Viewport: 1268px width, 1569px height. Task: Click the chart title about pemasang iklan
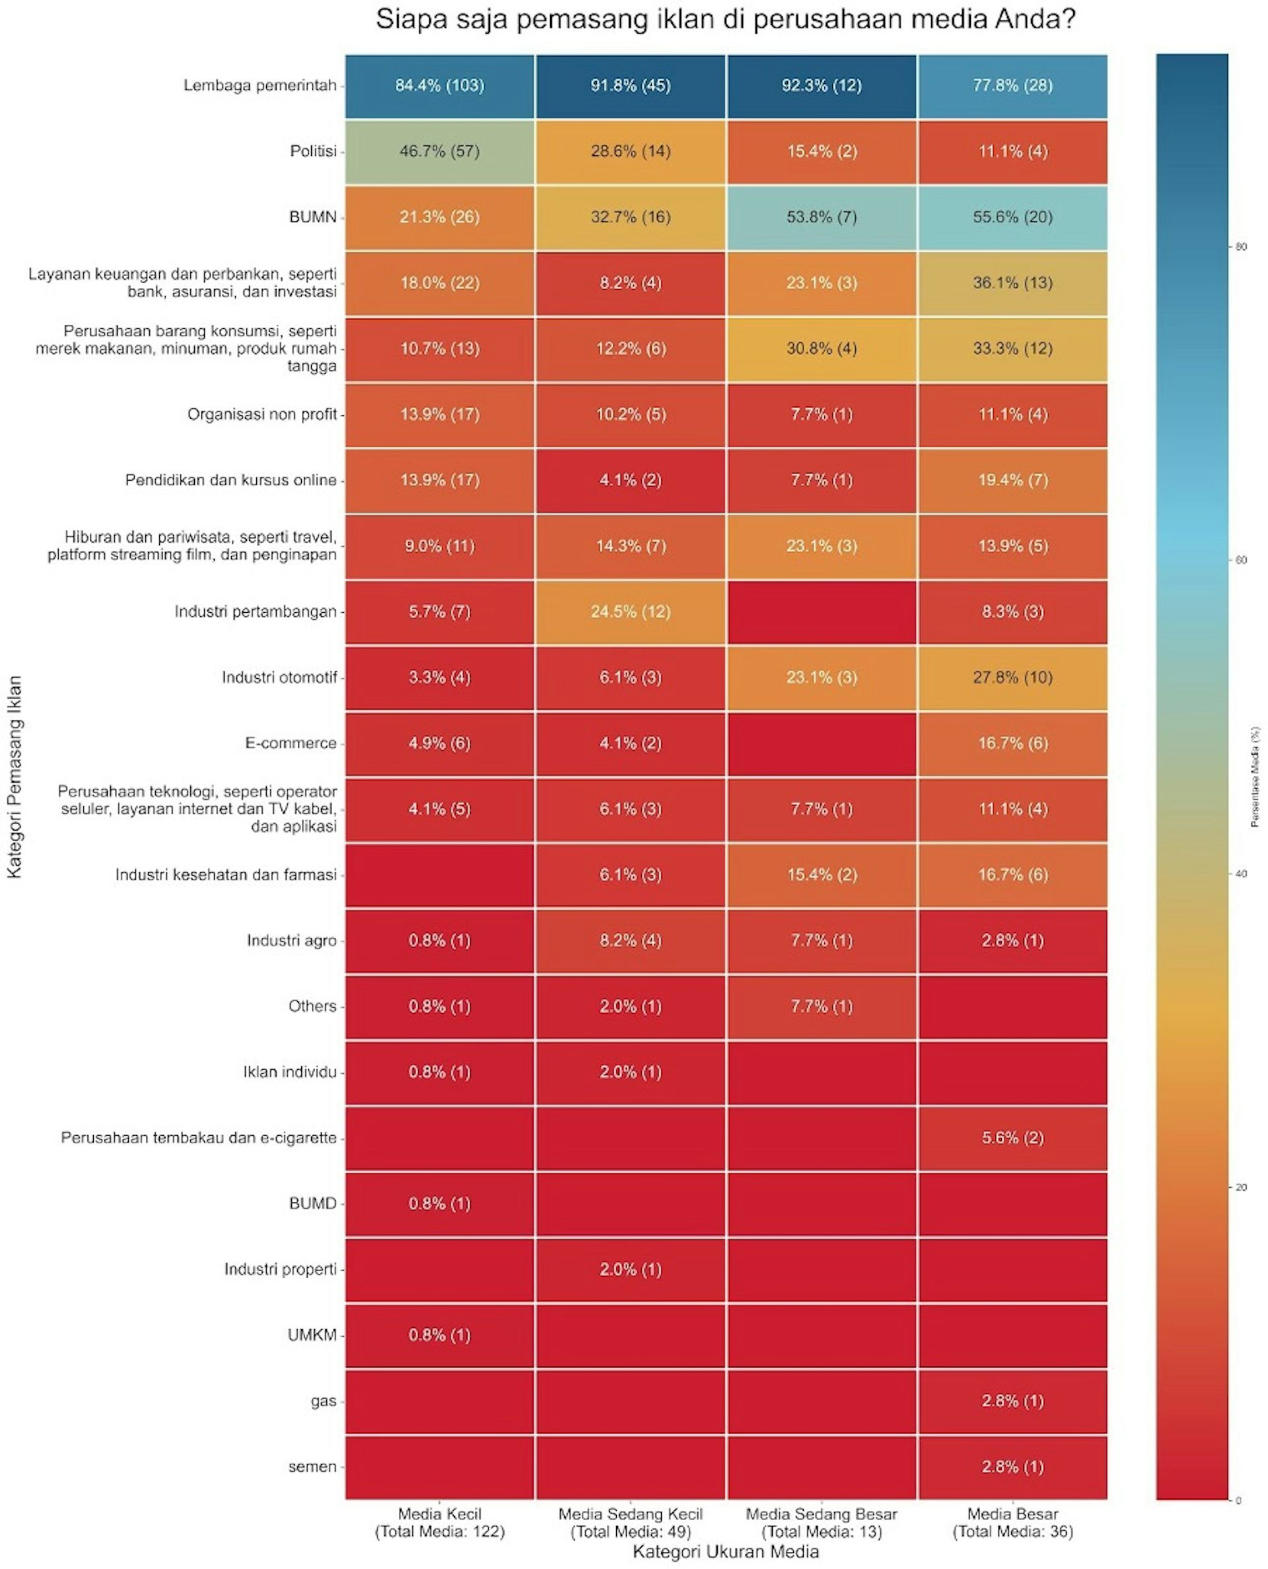click(x=725, y=20)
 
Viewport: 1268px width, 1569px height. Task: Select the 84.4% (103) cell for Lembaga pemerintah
click(x=440, y=85)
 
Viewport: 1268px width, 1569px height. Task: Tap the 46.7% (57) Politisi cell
click(x=440, y=151)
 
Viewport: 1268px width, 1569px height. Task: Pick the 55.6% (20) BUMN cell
click(x=1012, y=217)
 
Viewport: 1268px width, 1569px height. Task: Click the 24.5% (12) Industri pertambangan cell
click(x=630, y=611)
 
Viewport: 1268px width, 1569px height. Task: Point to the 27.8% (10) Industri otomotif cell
click(x=1012, y=677)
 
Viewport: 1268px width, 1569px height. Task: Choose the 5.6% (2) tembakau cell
click(x=1012, y=1137)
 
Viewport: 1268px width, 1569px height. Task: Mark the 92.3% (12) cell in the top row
click(x=822, y=85)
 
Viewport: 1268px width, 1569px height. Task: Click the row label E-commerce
click(x=291, y=743)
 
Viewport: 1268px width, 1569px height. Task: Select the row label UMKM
click(x=312, y=1335)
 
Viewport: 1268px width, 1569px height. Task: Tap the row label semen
click(x=312, y=1466)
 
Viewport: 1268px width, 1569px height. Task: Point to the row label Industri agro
click(x=291, y=940)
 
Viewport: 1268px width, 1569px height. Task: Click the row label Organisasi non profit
click(x=262, y=414)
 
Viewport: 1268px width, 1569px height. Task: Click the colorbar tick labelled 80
click(x=1240, y=247)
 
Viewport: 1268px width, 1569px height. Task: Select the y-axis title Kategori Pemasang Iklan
click(x=15, y=777)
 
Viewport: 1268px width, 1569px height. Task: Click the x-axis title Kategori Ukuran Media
click(x=725, y=1551)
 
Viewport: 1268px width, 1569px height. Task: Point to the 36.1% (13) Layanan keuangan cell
click(x=1012, y=283)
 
